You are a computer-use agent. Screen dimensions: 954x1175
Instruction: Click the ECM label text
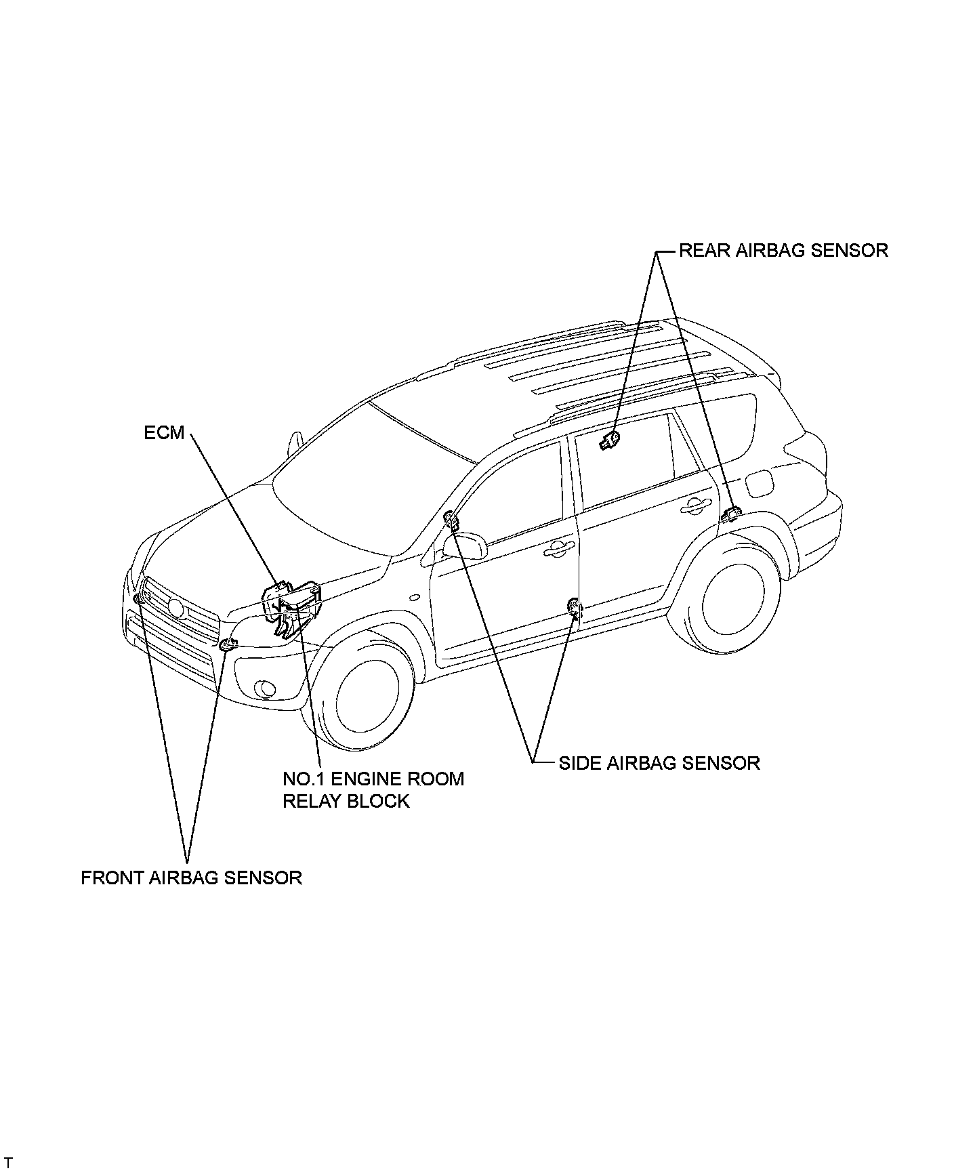point(164,432)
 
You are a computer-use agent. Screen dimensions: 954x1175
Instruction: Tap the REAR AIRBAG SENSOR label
point(783,250)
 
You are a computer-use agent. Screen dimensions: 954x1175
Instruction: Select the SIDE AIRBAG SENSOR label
point(659,763)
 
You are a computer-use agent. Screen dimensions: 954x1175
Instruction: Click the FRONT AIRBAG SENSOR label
point(191,878)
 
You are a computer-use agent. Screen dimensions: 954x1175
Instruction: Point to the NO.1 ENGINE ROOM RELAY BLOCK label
point(373,789)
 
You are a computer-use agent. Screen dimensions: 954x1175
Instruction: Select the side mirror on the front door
point(468,545)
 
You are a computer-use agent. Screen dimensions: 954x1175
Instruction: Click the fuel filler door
point(758,484)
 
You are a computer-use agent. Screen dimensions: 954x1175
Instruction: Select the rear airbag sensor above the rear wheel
point(730,514)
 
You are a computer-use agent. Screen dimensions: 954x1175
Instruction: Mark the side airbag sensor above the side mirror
point(450,520)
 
